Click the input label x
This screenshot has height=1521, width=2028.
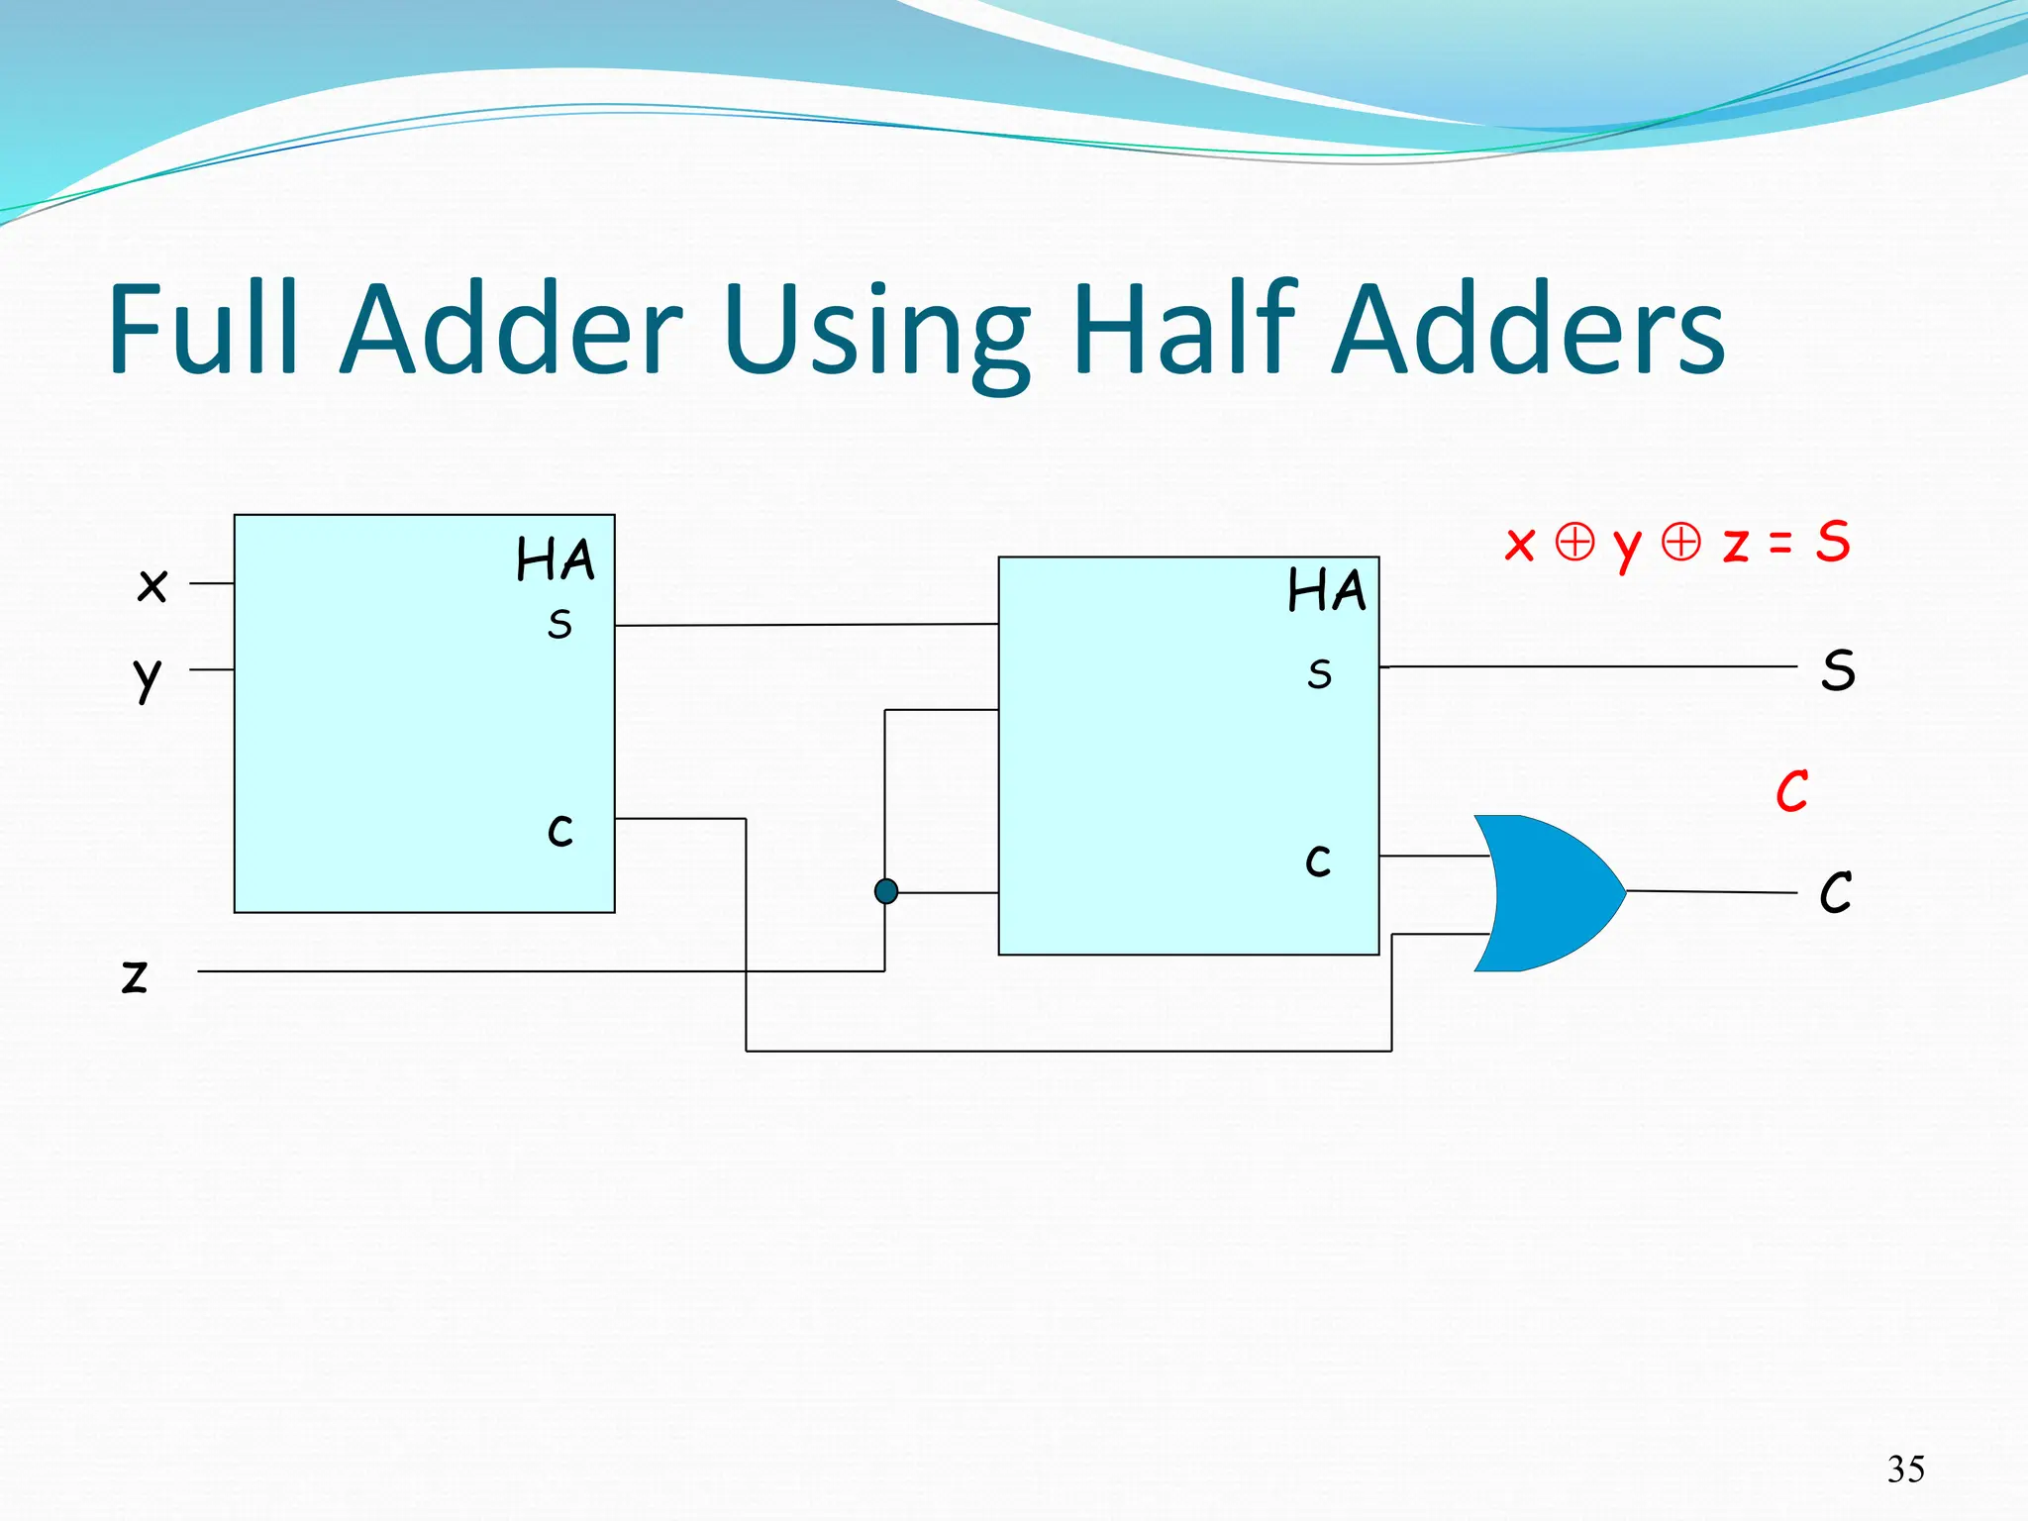[152, 585]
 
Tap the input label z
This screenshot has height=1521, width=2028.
[135, 975]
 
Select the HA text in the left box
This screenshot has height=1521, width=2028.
[556, 559]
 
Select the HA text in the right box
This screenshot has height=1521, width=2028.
[1327, 591]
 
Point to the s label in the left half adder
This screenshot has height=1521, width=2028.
[559, 624]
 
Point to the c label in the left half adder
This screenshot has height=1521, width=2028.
[560, 830]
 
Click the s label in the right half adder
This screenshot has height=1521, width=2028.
[1319, 674]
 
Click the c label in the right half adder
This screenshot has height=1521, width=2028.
[1318, 861]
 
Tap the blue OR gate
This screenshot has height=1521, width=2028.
[1545, 893]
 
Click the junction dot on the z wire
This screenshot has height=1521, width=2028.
[886, 892]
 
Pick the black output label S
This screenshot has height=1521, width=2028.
[1838, 670]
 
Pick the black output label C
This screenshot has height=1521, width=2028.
[1835, 892]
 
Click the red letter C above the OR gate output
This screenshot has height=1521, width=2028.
[1791, 791]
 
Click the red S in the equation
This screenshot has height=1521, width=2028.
[1832, 542]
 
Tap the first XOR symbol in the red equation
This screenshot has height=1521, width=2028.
[1574, 542]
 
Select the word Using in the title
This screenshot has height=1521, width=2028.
[877, 332]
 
